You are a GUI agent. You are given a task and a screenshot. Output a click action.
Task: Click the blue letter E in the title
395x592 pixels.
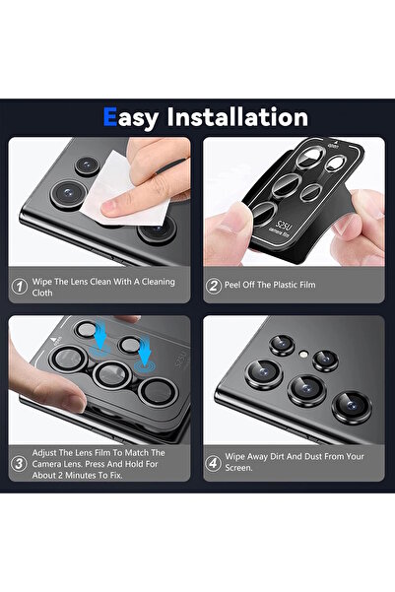coord(112,118)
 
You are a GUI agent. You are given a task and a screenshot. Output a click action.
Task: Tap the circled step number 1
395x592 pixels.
coord(19,288)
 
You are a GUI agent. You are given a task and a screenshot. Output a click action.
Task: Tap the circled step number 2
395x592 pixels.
coord(213,288)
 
